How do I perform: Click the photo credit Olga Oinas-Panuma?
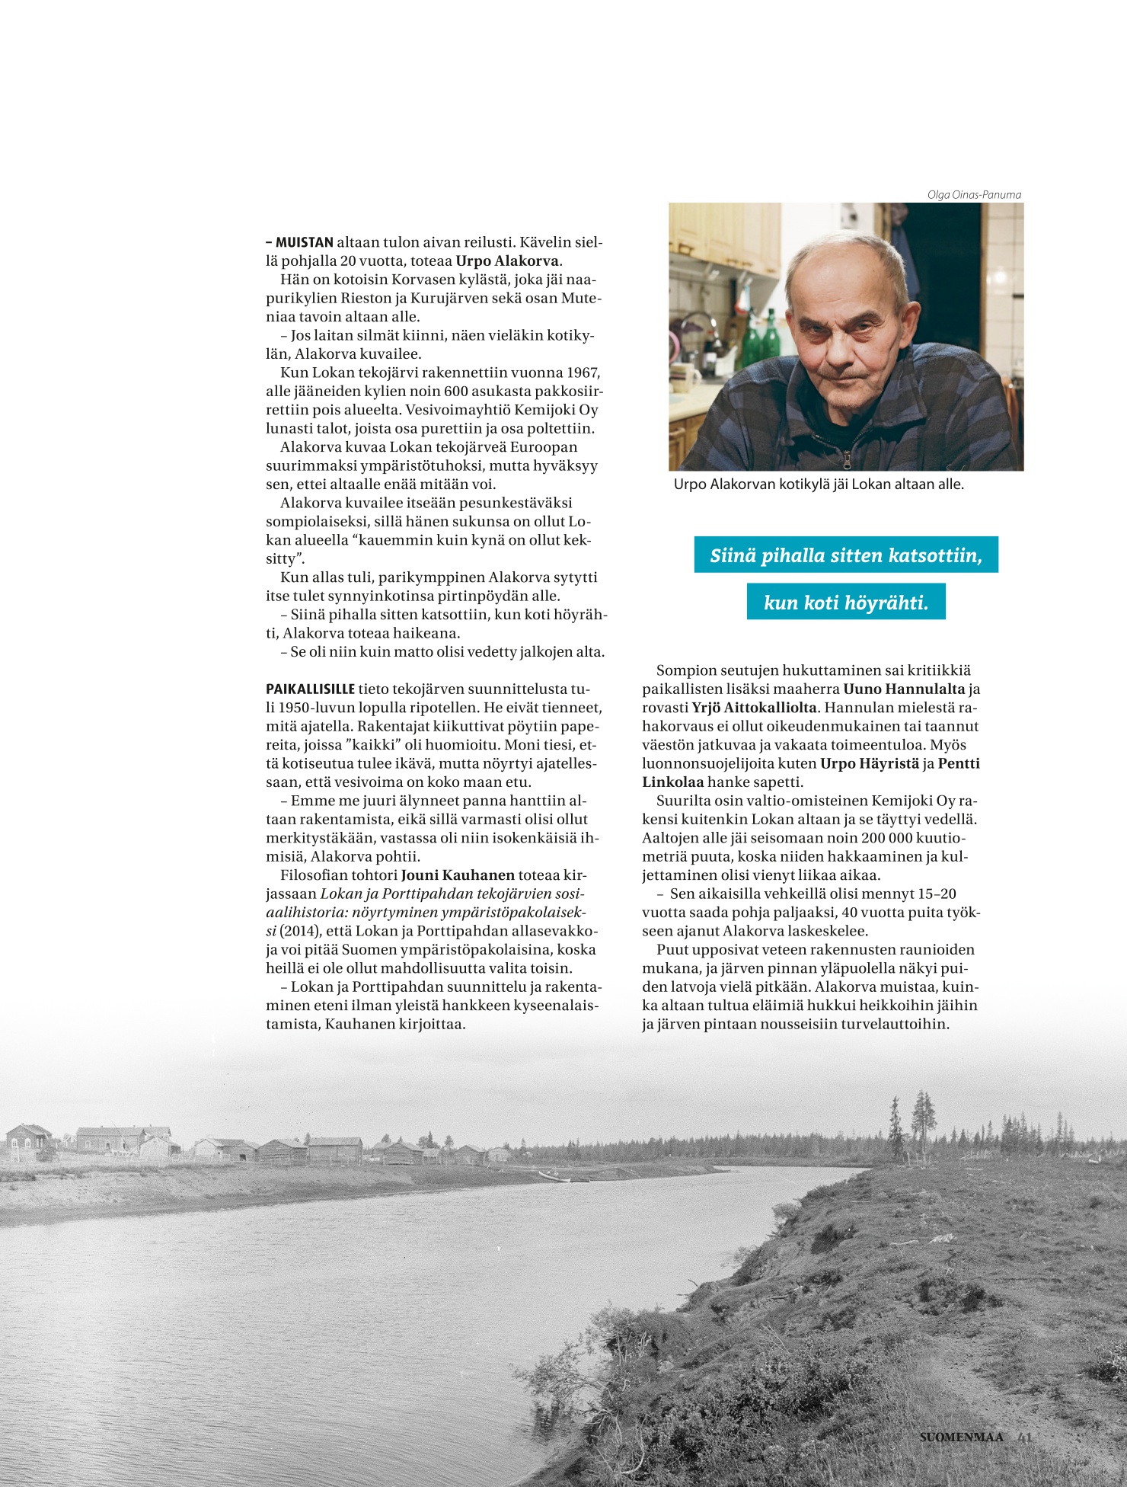click(973, 195)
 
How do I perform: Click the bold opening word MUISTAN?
click(304, 243)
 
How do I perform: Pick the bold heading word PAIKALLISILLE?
click(311, 689)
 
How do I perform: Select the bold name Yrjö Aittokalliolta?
click(754, 708)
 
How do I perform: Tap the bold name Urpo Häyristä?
click(870, 763)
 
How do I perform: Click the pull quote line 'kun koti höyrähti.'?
click(845, 603)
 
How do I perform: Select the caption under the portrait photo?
click(819, 484)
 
